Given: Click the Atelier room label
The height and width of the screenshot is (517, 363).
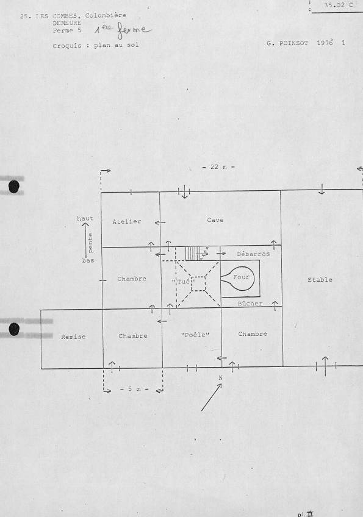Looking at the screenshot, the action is point(127,221).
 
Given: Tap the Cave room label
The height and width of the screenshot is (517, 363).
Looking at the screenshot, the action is point(215,220).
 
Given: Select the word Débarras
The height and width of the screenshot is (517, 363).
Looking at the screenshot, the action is point(253,254).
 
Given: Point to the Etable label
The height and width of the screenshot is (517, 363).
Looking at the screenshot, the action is point(320,280).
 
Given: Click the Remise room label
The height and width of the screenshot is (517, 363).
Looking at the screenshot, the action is point(73,337).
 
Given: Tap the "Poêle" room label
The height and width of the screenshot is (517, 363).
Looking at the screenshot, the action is point(195,335).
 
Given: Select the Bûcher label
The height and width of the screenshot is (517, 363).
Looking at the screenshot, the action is point(250,304).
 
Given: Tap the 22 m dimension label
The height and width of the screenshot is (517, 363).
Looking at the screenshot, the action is point(218,167).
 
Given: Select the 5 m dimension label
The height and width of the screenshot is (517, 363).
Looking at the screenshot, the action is point(134,389).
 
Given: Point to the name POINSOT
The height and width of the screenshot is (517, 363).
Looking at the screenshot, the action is point(293,43).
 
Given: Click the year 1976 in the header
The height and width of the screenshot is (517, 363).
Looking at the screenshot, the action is point(325,43).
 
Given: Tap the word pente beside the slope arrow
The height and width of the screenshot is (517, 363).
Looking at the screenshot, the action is point(90,243).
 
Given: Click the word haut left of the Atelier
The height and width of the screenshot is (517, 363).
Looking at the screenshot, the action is point(85,219).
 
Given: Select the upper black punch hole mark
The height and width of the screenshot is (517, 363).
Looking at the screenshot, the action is point(14,187).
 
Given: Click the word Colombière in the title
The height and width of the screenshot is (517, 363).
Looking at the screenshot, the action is point(106,15).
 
